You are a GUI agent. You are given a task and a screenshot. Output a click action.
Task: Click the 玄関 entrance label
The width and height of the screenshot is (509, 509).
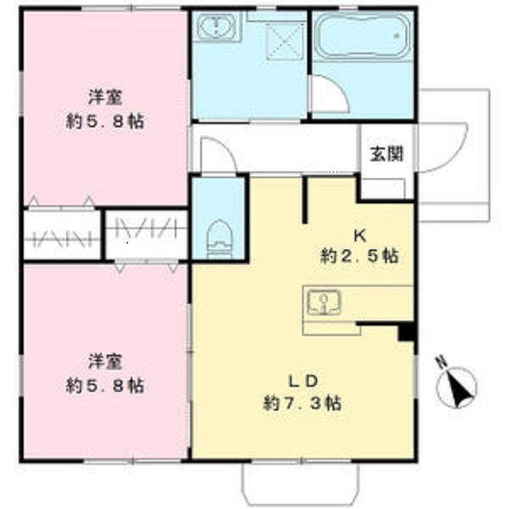[385, 156]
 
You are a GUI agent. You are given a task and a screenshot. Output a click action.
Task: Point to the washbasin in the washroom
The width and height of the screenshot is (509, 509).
[216, 27]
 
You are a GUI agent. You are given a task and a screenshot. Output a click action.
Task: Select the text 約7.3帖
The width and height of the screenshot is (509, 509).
[302, 403]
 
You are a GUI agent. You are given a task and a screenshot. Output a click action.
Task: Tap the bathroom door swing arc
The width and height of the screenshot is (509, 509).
[329, 94]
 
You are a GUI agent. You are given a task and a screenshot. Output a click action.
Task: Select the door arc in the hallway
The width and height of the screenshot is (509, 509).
[216, 154]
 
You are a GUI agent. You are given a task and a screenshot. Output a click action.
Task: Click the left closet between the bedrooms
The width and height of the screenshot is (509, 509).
[62, 234]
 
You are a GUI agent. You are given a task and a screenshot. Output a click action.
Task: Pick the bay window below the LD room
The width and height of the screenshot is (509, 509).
[303, 484]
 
